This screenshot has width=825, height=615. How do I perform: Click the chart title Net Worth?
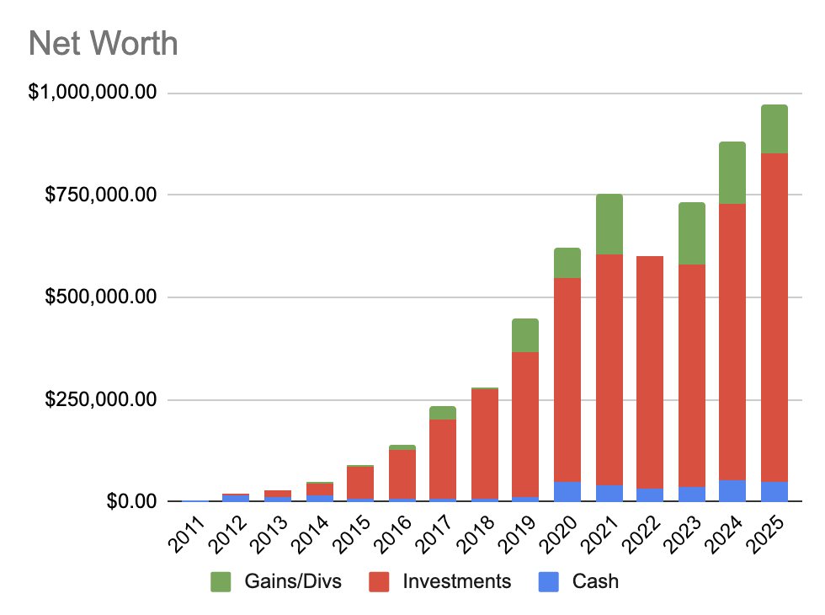(x=104, y=43)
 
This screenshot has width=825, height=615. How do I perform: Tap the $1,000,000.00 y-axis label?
(x=93, y=93)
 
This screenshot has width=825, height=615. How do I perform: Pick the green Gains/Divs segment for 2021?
(x=609, y=224)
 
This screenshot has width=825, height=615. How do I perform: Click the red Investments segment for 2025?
(x=774, y=317)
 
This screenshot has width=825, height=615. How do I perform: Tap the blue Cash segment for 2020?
(x=567, y=491)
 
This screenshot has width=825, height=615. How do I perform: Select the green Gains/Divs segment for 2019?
(x=525, y=335)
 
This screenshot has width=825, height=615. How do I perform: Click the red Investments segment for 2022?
(x=650, y=372)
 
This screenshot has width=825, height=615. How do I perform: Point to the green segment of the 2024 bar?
(x=732, y=173)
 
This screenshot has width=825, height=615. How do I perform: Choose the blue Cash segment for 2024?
(x=732, y=490)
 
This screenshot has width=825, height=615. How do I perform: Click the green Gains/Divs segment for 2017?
(x=443, y=413)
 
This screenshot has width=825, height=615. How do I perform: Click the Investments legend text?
(x=456, y=581)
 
